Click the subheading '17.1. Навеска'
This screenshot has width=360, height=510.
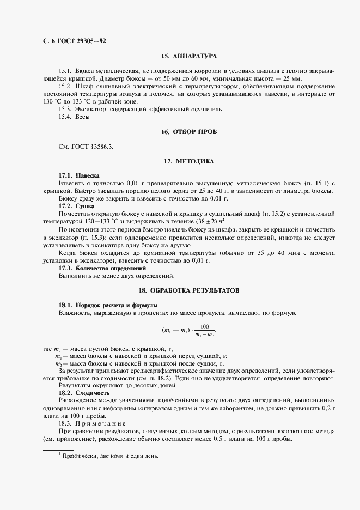[x=79, y=175]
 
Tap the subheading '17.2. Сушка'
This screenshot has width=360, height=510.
[x=76, y=206]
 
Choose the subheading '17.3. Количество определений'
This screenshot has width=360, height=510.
[x=102, y=269]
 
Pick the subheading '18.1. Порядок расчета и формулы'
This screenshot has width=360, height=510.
[x=108, y=305]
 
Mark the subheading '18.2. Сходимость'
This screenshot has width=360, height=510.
[x=84, y=393]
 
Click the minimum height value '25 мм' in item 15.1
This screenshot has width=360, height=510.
[x=292, y=79]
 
